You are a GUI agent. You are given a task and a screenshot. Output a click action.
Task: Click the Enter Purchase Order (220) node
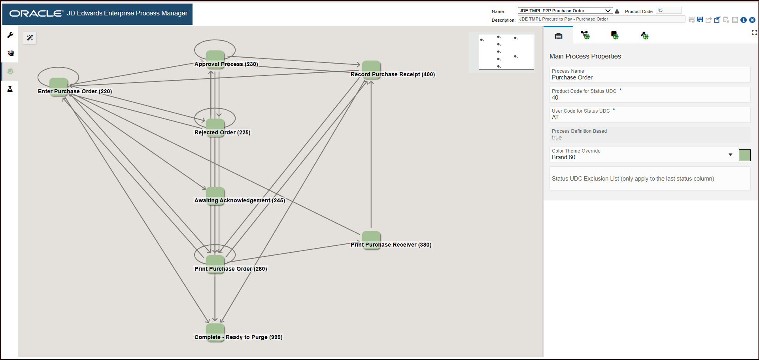(x=59, y=87)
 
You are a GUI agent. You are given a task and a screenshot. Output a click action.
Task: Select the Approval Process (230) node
(x=215, y=60)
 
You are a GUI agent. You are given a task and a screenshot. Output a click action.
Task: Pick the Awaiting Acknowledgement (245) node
(x=215, y=196)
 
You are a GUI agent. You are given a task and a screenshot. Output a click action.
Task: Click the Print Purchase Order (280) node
(x=215, y=264)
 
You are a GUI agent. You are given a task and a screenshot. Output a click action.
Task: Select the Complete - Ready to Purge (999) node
(x=215, y=333)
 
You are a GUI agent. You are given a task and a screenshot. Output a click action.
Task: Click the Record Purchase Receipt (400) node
(x=371, y=70)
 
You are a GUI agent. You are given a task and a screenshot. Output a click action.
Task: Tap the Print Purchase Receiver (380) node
(x=371, y=240)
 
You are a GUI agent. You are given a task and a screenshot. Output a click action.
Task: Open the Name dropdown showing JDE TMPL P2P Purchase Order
(x=565, y=11)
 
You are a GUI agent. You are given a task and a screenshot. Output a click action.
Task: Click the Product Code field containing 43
(x=669, y=10)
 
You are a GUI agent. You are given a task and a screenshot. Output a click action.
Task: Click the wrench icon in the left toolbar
(x=10, y=35)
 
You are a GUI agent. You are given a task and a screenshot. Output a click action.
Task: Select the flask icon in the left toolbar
(x=10, y=89)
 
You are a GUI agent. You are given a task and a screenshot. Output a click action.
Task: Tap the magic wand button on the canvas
(x=30, y=38)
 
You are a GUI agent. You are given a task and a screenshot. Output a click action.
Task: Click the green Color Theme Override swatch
(x=745, y=155)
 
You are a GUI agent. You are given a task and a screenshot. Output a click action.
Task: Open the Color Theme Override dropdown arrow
(x=731, y=155)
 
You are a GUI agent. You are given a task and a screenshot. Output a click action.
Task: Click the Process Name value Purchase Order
(x=572, y=77)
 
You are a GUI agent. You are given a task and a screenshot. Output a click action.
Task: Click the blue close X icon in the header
(x=752, y=20)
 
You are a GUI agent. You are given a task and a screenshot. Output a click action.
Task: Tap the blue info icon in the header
(x=744, y=20)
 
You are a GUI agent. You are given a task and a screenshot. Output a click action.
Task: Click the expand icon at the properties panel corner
(x=754, y=33)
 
